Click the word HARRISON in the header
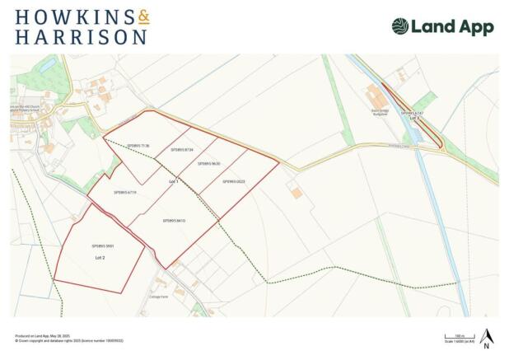[x=81, y=36]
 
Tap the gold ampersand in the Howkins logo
[x=142, y=16]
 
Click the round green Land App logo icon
[x=400, y=26]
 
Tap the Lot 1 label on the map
[x=173, y=180]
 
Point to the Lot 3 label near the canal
[x=414, y=119]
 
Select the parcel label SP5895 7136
[x=138, y=146]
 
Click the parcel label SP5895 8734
[x=181, y=150]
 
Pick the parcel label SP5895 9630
[x=209, y=164]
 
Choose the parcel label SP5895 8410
[x=174, y=221]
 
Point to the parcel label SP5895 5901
[x=103, y=245]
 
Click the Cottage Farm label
[x=158, y=297]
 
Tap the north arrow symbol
[x=486, y=338]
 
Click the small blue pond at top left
[x=48, y=63]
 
